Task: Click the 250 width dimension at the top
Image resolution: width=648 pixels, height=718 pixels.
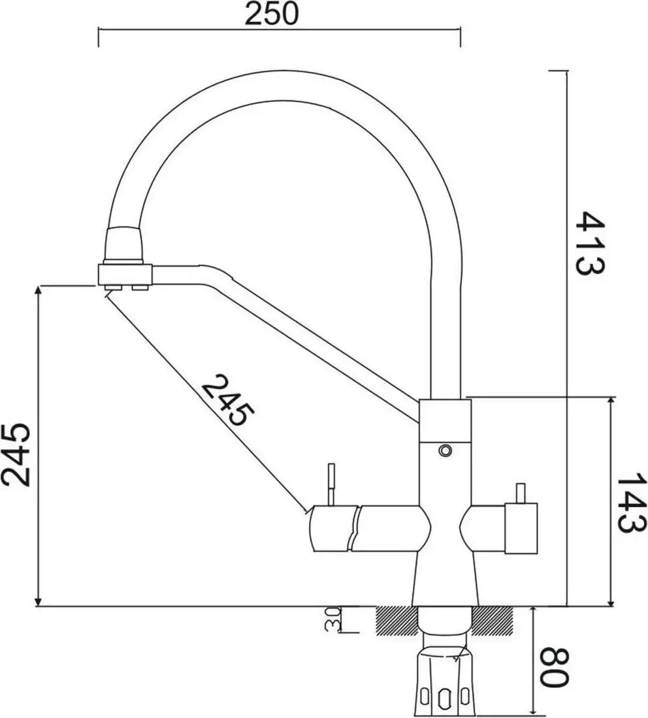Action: pos(271,14)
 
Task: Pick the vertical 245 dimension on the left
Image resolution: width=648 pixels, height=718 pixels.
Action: pos(16,454)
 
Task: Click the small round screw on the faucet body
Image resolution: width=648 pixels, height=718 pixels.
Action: pos(445,450)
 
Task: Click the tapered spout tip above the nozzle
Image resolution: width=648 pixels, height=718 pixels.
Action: pos(123,244)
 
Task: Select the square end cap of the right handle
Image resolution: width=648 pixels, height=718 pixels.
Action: pos(521,528)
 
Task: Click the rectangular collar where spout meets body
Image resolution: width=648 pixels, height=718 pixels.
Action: pos(445,418)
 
